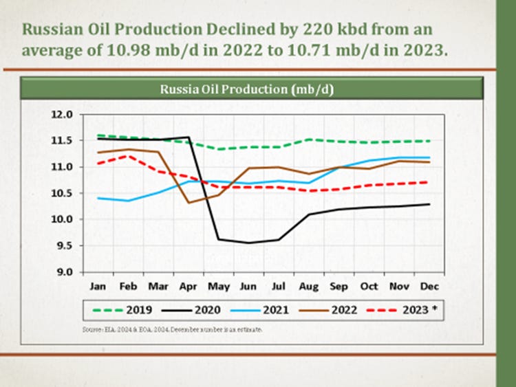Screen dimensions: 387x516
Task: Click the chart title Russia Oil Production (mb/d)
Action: click(247, 89)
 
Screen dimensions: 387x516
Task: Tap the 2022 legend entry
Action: click(345, 310)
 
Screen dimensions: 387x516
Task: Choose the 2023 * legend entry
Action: click(418, 310)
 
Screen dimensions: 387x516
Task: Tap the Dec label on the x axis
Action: click(429, 285)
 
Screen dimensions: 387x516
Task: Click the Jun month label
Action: click(249, 285)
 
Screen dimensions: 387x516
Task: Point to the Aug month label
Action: click(309, 285)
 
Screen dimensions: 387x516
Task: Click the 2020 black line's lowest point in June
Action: click(248, 243)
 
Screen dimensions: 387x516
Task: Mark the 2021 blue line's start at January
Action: click(99, 198)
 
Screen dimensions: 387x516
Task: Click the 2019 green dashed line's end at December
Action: click(429, 141)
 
